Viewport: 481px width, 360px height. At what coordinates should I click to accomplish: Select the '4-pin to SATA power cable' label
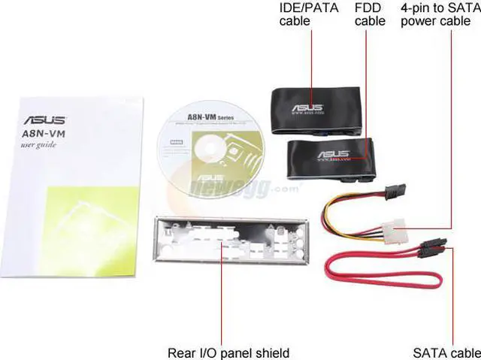(x=440, y=15)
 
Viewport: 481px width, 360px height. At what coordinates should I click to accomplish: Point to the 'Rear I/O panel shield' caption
(x=228, y=352)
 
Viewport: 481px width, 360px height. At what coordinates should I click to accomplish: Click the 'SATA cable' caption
(x=446, y=352)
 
